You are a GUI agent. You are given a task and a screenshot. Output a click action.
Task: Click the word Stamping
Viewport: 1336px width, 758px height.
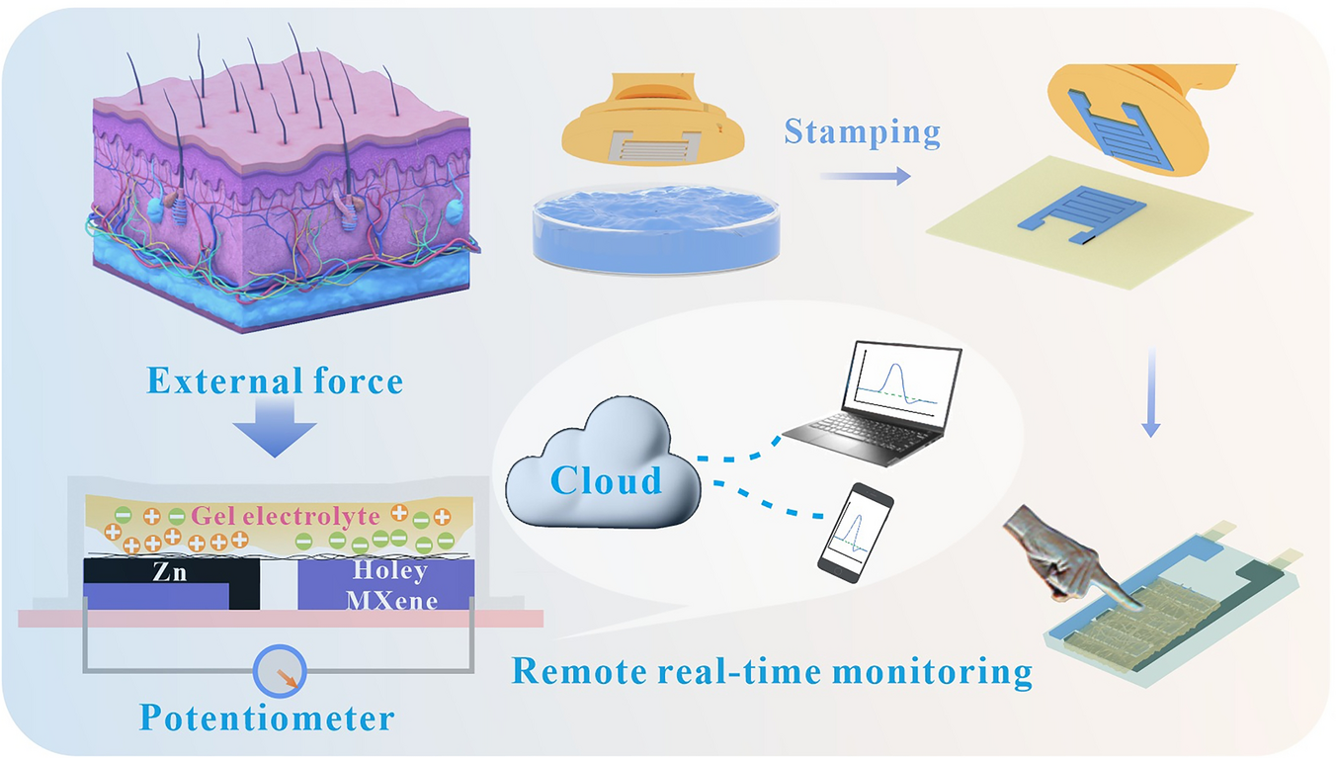coord(861,132)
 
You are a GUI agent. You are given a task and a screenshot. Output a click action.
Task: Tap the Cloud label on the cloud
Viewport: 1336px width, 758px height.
coord(605,480)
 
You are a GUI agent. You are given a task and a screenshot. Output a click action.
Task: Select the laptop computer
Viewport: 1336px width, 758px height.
coord(870,405)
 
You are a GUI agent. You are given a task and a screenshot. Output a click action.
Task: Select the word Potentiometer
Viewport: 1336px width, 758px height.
coord(267,718)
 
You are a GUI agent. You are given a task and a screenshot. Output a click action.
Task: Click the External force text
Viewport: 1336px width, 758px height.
coord(275,380)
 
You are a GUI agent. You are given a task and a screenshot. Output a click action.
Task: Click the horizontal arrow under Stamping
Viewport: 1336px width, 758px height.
coord(865,177)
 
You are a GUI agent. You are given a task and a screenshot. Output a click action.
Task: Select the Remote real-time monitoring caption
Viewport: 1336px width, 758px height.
coord(771,673)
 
